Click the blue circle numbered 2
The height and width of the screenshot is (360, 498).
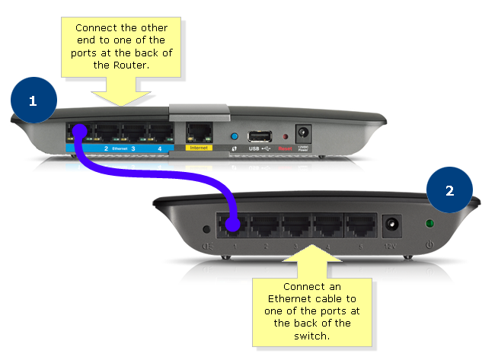(x=449, y=190)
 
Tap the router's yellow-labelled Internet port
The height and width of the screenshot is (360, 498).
(x=198, y=132)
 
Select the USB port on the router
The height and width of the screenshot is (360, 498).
(x=260, y=136)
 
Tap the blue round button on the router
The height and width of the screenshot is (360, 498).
(x=235, y=136)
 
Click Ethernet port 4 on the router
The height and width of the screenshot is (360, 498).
(x=160, y=132)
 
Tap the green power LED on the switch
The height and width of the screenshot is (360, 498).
(x=431, y=226)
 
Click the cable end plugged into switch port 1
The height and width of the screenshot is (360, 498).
(x=233, y=226)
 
